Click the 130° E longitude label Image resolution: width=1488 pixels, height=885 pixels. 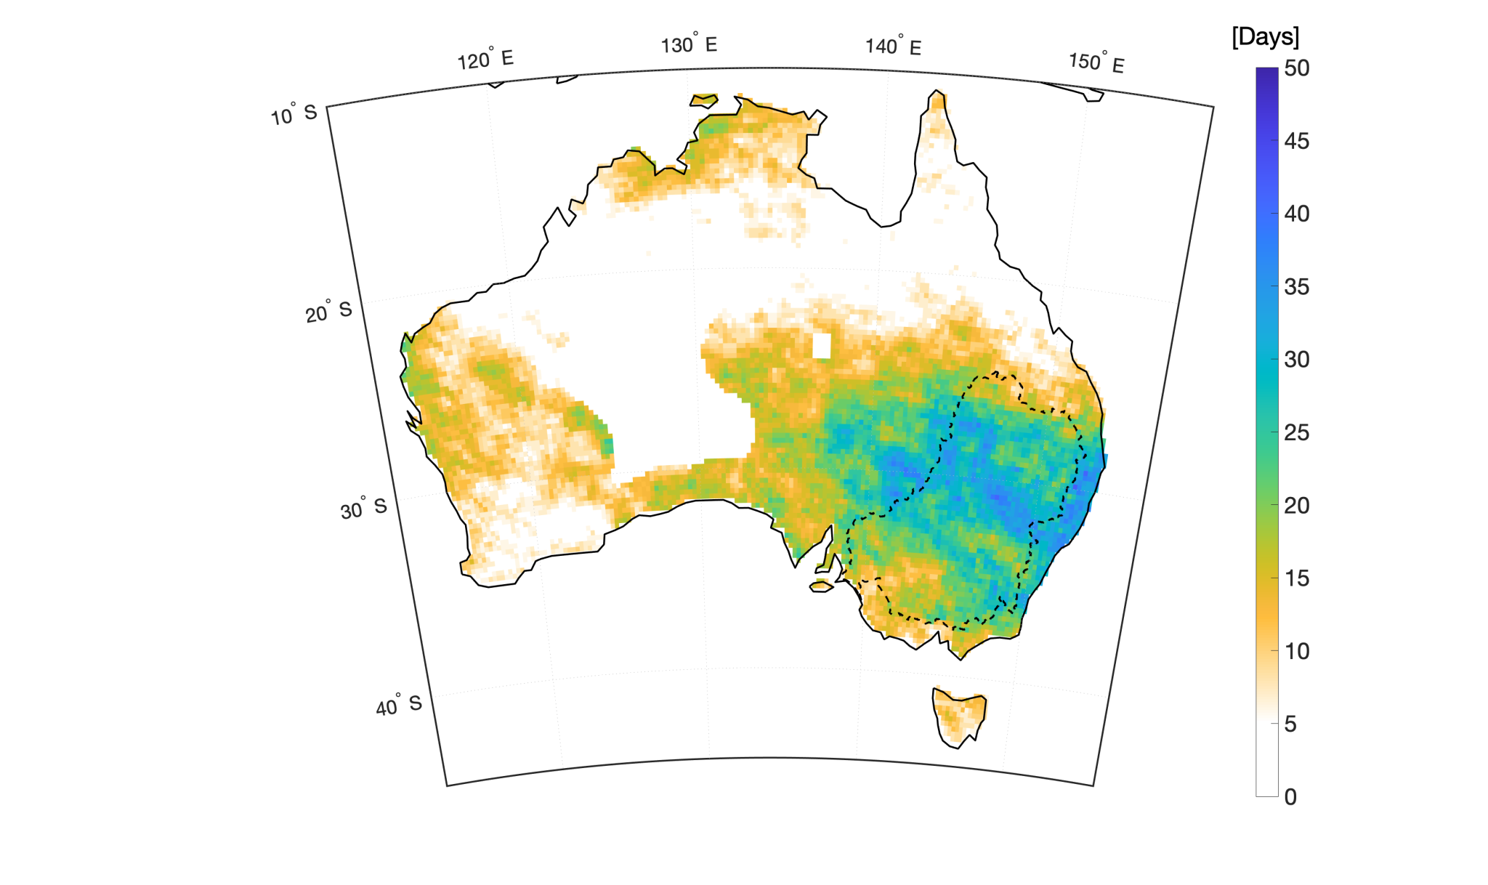point(689,45)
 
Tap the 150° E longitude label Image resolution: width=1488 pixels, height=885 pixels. point(1096,62)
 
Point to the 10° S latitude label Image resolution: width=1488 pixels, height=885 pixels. point(294,115)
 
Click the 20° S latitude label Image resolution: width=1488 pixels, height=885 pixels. point(328,312)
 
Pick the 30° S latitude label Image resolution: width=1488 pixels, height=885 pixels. point(363,509)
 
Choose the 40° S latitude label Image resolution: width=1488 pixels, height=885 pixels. point(398,705)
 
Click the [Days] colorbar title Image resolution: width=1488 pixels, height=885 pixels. point(1265,36)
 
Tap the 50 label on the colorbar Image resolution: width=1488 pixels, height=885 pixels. point(1297,68)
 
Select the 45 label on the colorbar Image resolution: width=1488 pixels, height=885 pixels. point(1297,141)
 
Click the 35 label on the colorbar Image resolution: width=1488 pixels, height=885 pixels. point(1297,287)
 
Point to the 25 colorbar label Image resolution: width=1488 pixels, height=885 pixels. point(1297,432)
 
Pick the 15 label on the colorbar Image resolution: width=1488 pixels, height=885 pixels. point(1297,578)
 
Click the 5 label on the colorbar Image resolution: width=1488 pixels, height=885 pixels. point(1290,724)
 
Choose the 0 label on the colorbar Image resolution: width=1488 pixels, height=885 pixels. point(1290,797)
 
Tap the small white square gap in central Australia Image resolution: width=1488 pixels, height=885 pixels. point(822,346)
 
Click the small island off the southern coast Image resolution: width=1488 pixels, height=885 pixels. point(821,586)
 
